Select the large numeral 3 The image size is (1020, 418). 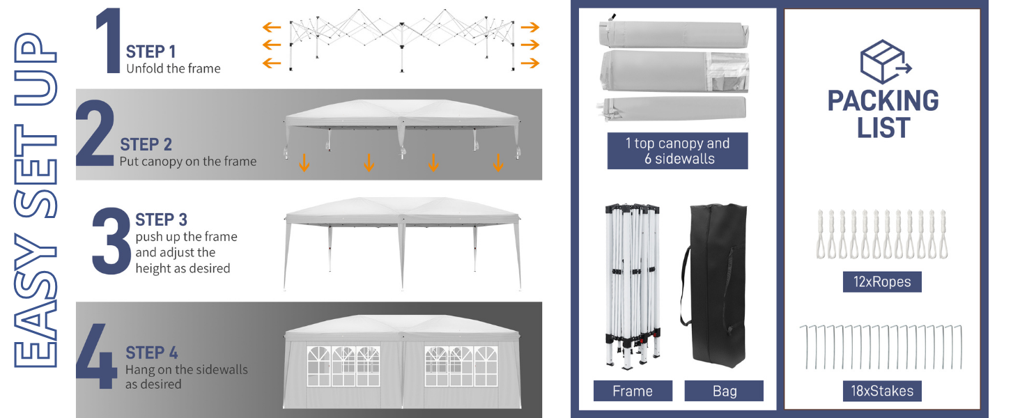[111, 241]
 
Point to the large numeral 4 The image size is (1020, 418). [96, 356]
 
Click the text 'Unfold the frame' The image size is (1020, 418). [173, 69]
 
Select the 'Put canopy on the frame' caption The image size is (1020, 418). [188, 162]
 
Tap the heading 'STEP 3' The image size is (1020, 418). [161, 219]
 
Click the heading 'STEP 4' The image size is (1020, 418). [152, 353]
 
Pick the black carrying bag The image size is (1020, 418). [713, 285]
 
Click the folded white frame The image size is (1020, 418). [633, 286]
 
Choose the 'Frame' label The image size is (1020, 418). [633, 391]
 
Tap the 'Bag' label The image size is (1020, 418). [724, 391]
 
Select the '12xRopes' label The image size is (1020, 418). [882, 282]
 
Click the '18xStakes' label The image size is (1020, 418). [882, 391]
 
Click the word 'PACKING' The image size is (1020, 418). [883, 100]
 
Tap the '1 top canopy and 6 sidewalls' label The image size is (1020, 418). [678, 150]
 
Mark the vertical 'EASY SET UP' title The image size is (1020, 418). [36, 200]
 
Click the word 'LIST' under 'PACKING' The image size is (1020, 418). [883, 127]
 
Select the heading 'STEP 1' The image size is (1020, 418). [150, 52]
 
